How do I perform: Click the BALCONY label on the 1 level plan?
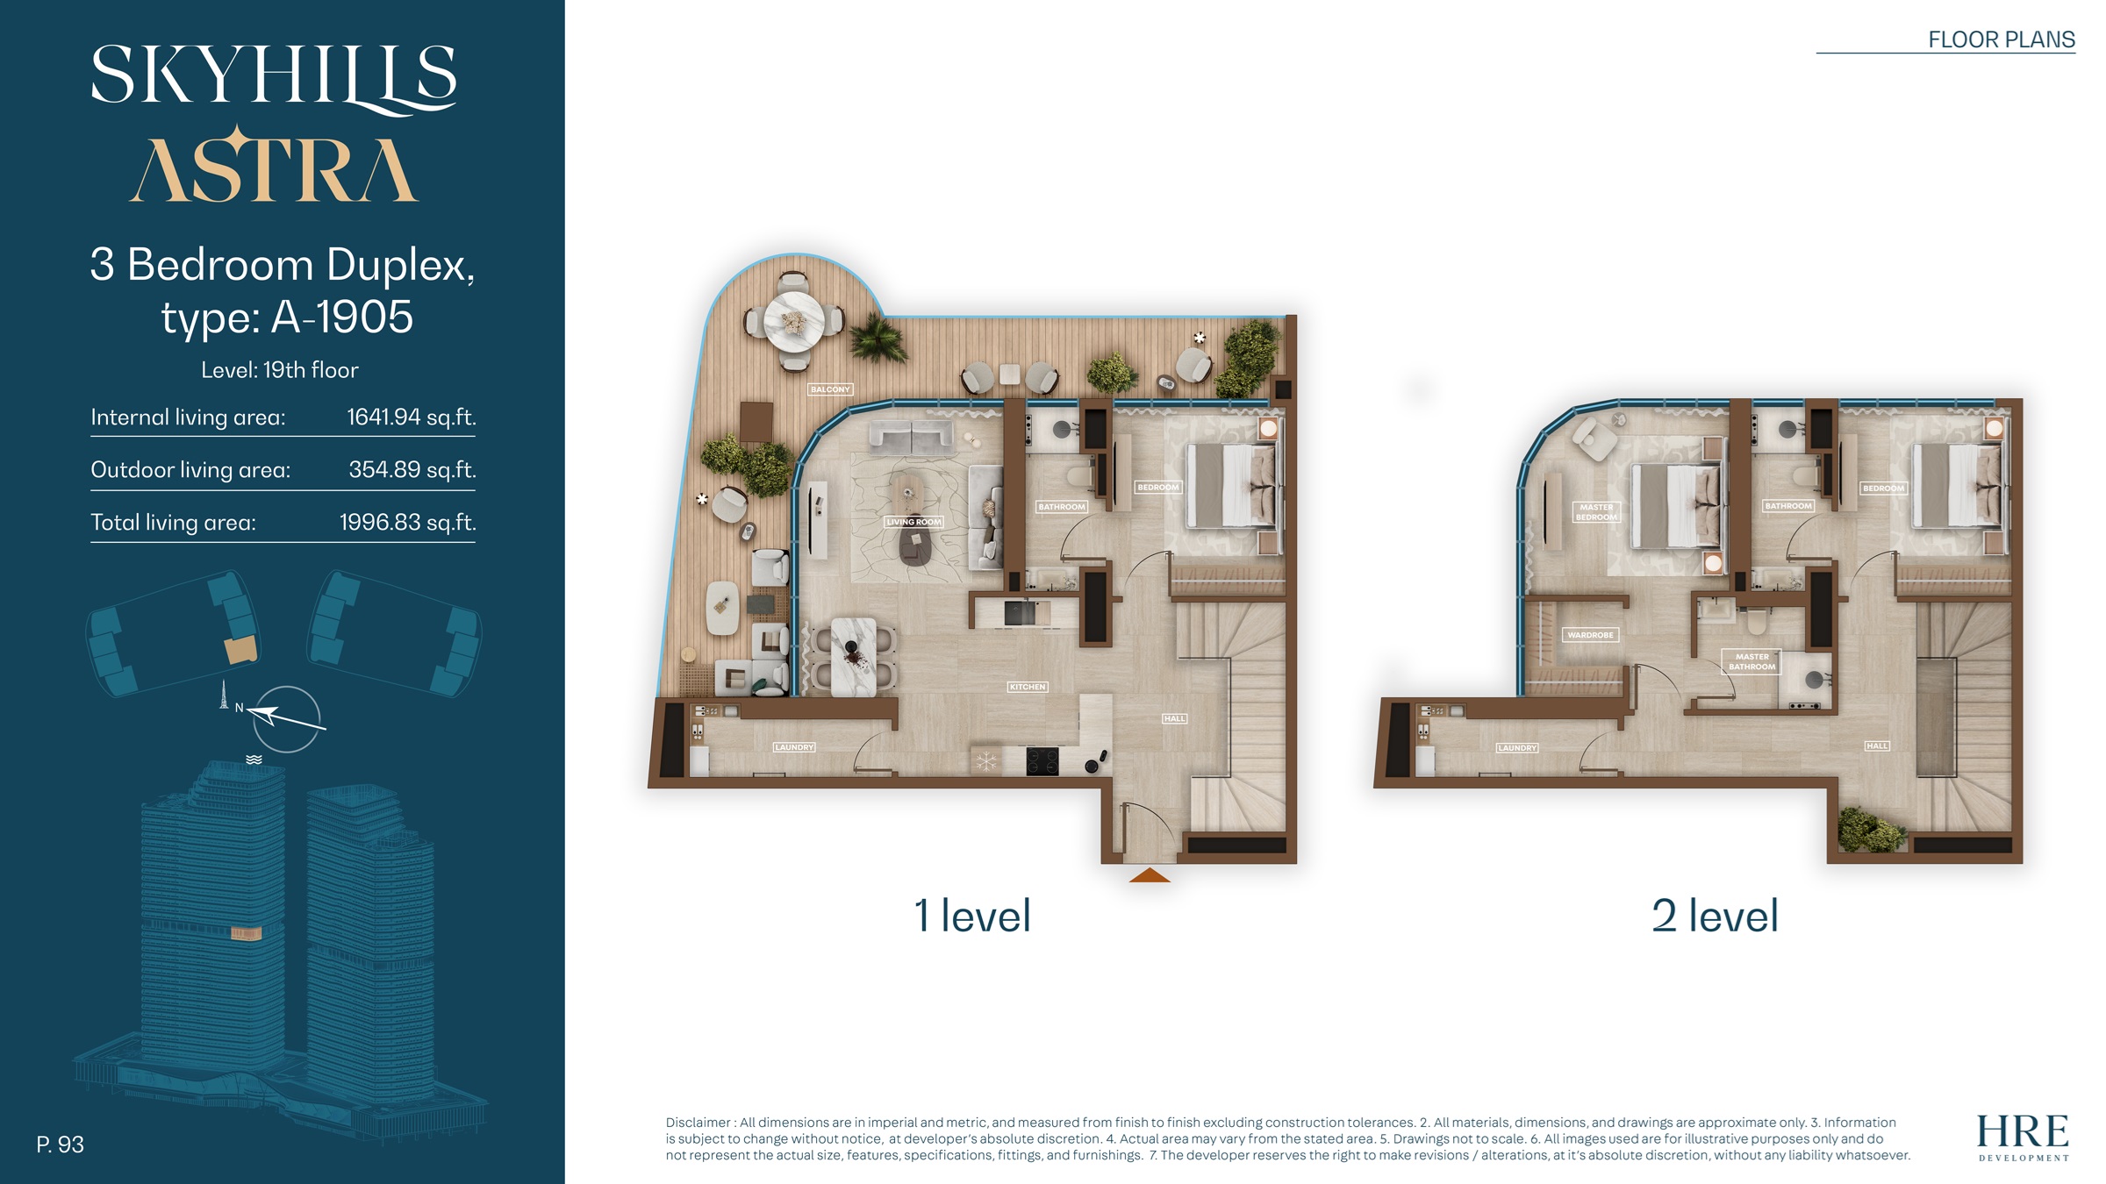[830, 389]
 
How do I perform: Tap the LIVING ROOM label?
[913, 522]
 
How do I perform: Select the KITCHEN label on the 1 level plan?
[1027, 687]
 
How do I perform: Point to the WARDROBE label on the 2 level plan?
[1590, 635]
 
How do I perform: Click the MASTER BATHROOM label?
[1751, 661]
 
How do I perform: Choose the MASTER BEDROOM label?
[1596, 512]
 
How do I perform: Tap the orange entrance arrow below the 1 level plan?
[1150, 875]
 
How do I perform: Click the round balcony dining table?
[793, 322]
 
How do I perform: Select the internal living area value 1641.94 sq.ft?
[411, 417]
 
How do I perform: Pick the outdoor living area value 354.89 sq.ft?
[412, 470]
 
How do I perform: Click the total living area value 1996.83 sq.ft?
[407, 523]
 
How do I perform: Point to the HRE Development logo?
[2023, 1137]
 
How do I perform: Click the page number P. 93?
[60, 1145]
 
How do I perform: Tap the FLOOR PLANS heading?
[2001, 39]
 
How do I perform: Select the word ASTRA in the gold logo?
[274, 168]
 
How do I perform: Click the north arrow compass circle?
[287, 719]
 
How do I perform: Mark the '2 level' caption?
[1715, 916]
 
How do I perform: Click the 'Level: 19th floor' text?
[280, 370]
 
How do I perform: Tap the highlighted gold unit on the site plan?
[240, 650]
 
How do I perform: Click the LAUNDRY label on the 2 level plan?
[1517, 748]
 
